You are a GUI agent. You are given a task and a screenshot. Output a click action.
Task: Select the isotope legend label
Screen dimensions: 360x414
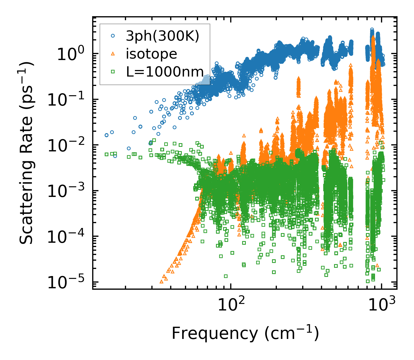click(x=152, y=54)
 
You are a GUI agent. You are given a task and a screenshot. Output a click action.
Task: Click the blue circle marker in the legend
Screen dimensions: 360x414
click(x=113, y=36)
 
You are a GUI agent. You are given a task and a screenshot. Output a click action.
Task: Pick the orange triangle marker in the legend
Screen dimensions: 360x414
click(x=113, y=54)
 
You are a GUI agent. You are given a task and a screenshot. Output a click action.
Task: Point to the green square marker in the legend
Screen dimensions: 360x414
click(x=113, y=72)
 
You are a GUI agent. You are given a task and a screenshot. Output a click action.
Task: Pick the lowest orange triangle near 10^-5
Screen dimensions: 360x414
click(x=162, y=281)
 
